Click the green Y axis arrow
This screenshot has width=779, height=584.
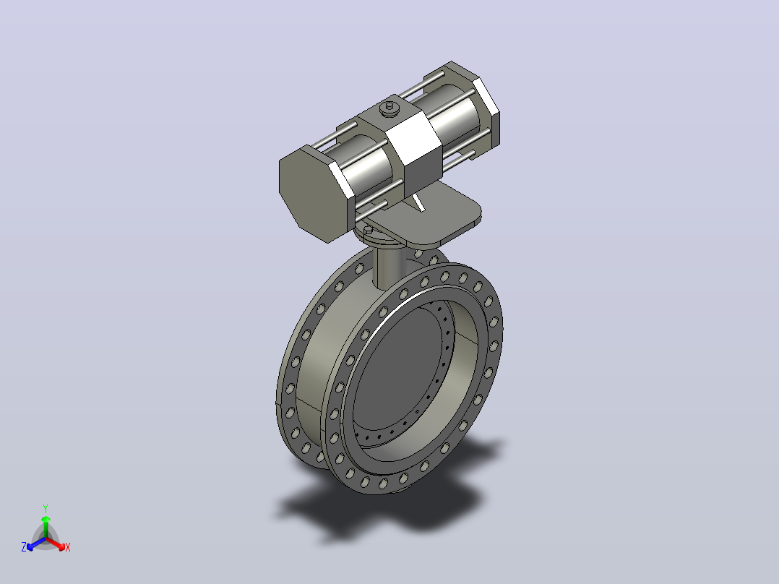[x=46, y=526]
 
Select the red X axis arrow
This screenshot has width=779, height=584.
[x=56, y=544]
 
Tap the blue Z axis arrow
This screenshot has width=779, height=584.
[x=36, y=544]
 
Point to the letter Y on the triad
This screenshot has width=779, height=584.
[x=46, y=508]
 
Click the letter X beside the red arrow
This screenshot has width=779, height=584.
[x=68, y=547]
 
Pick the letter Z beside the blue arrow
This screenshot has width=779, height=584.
[x=23, y=547]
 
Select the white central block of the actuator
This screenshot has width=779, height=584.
[x=414, y=147]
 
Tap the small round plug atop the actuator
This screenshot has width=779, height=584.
[x=389, y=109]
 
